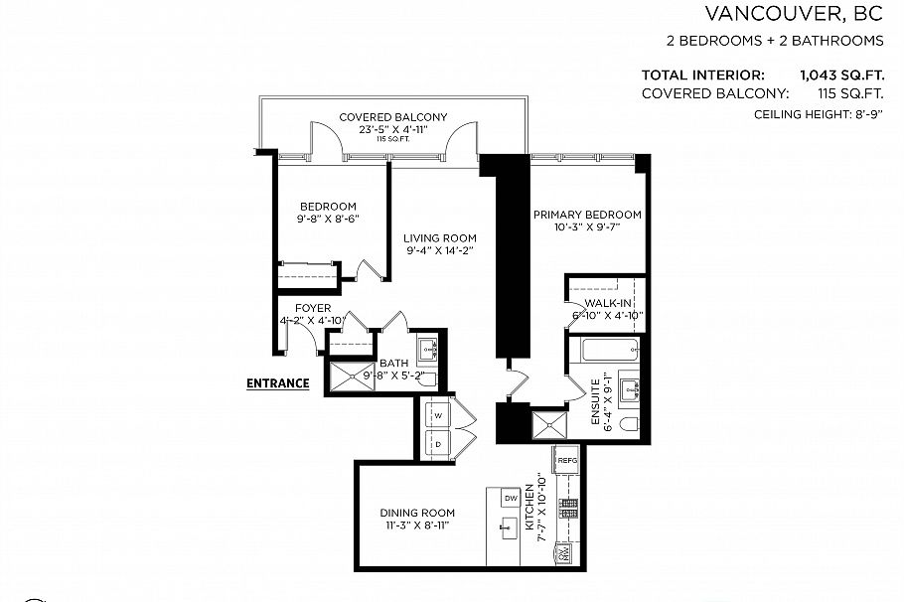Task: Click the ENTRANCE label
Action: pos(277,382)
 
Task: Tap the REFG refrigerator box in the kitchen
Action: pos(566,460)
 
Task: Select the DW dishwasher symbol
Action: pos(511,498)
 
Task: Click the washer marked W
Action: pos(438,414)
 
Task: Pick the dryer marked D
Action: pos(438,443)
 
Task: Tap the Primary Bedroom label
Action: pos(586,215)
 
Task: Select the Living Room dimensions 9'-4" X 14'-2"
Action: pos(440,251)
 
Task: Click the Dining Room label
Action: pos(416,513)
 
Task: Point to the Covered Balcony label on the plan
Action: pos(392,117)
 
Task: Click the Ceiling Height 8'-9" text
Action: pos(819,115)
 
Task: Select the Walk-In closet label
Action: pos(608,302)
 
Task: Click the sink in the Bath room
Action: pos(429,348)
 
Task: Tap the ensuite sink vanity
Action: pos(630,388)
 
